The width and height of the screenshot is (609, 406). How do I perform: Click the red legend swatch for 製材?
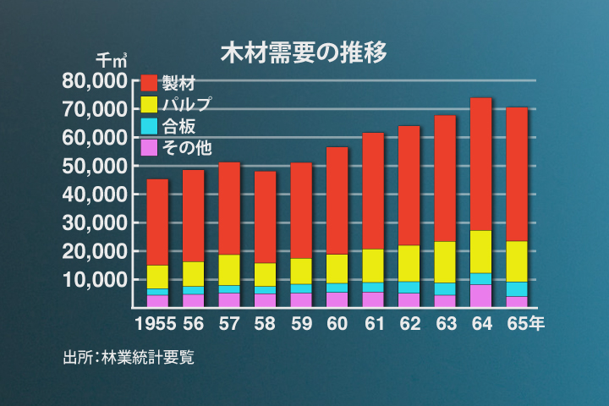[x=149, y=83]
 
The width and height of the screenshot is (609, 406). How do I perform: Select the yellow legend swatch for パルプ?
[x=149, y=105]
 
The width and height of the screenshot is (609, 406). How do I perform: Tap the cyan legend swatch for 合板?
[x=149, y=126]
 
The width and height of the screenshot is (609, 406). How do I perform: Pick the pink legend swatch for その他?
[x=149, y=148]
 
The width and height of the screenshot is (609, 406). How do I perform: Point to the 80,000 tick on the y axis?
[x=95, y=81]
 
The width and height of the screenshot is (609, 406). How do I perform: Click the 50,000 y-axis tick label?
[x=95, y=166]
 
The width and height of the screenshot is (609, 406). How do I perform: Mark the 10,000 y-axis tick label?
[x=95, y=279]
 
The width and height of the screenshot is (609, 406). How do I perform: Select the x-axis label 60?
[x=337, y=323]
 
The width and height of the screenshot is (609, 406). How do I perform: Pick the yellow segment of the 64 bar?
[x=480, y=251]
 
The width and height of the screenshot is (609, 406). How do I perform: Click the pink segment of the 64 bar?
[x=480, y=296]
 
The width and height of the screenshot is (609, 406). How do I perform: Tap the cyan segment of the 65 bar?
[x=517, y=289]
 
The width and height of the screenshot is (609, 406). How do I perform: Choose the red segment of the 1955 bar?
[x=157, y=222]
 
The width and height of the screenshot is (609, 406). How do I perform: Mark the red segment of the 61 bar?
[x=373, y=190]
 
